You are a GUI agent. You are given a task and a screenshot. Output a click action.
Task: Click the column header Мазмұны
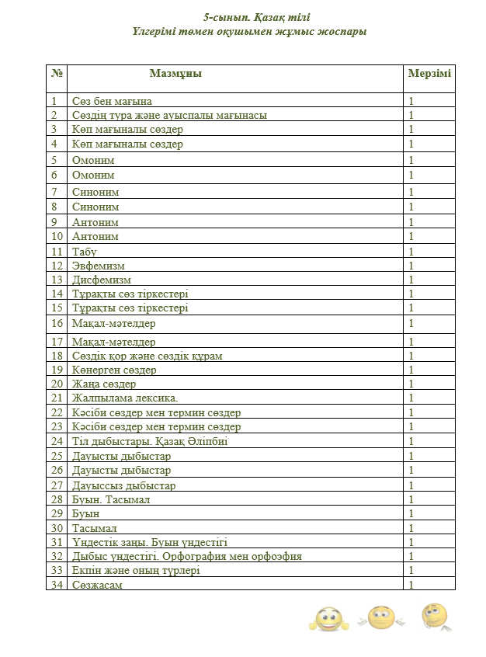point(175,74)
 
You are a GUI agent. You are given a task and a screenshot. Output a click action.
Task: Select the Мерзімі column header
point(429,74)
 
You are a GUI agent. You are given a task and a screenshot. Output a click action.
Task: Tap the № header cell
point(57,74)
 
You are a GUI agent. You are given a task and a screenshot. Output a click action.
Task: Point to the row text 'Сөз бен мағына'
point(112,101)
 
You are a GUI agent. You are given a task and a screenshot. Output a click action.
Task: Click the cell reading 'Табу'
point(84,252)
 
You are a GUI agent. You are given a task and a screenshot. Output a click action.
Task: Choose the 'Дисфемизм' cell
point(102,280)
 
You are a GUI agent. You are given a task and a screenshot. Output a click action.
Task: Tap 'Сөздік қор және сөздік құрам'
point(148,356)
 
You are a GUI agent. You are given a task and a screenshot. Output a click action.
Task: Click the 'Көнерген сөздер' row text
point(114,370)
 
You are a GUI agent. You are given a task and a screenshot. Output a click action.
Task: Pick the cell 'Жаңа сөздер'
point(104,384)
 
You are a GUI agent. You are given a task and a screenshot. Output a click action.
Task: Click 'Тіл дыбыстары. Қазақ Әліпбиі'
point(150,441)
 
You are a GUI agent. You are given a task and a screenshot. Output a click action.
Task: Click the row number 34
point(56,585)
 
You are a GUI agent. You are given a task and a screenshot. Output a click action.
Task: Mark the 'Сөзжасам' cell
point(97,585)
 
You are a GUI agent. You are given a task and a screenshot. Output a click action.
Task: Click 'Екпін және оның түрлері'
point(136,570)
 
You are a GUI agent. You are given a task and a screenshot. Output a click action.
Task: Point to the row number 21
point(56,398)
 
